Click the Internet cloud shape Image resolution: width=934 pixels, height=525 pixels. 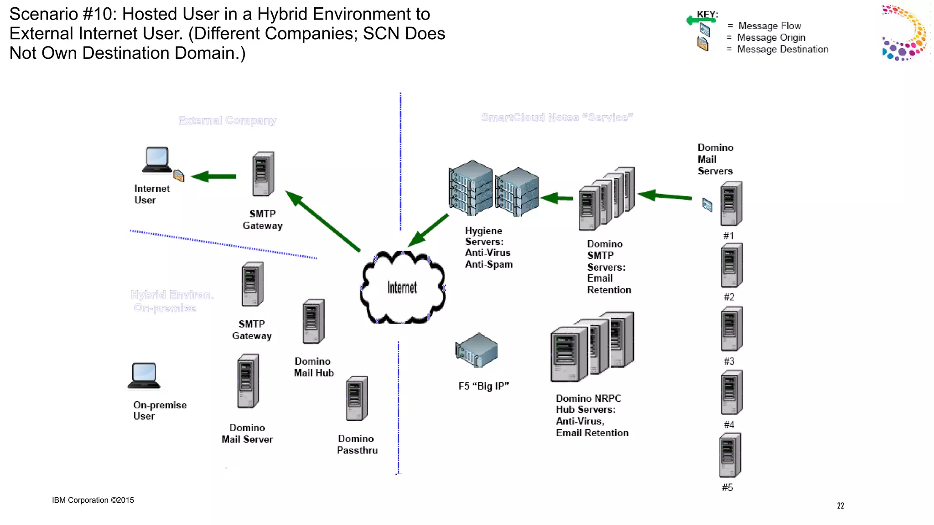[x=402, y=287]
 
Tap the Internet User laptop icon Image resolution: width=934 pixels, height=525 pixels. [x=157, y=160]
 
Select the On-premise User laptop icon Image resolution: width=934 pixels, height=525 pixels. [x=144, y=376]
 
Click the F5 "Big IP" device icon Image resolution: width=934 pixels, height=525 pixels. [x=477, y=350]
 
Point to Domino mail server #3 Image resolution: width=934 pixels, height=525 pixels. [x=731, y=329]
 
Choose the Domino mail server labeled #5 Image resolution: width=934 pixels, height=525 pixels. [x=730, y=455]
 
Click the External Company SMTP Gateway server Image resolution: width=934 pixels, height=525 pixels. [x=263, y=174]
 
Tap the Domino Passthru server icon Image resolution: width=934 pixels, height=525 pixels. [x=357, y=398]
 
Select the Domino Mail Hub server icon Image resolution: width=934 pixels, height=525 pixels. [x=313, y=321]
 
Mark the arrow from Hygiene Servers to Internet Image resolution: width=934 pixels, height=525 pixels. [x=428, y=230]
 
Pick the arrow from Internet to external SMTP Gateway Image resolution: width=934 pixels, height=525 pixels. [x=322, y=221]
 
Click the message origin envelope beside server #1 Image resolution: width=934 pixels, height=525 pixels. [x=707, y=205]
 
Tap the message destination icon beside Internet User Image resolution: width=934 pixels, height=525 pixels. [x=178, y=175]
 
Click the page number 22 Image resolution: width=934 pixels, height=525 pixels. [x=841, y=505]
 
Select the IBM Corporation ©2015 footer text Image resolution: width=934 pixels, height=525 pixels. [x=93, y=500]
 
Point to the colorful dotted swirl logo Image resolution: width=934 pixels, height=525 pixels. [x=904, y=33]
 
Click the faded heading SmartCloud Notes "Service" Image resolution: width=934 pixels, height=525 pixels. [x=557, y=118]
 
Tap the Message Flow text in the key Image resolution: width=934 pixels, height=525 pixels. [x=769, y=26]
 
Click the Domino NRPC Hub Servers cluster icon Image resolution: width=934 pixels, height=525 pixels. [x=592, y=347]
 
